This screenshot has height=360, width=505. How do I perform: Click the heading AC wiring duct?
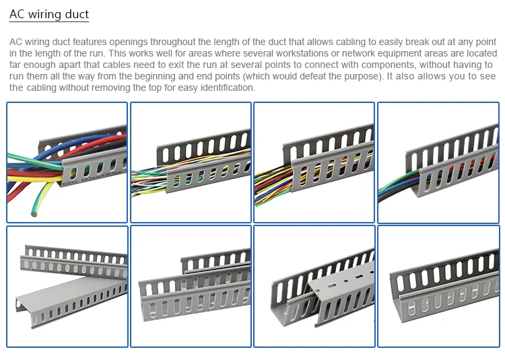(49, 14)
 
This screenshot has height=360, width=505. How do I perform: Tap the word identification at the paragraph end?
(224, 87)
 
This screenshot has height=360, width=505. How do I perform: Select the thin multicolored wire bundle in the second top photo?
(151, 180)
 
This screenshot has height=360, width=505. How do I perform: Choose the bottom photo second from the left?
(191, 287)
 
